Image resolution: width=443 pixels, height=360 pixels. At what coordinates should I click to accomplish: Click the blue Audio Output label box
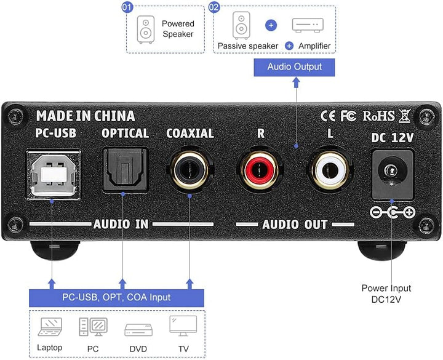295,66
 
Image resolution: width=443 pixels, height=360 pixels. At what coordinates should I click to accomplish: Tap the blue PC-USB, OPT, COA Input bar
116,297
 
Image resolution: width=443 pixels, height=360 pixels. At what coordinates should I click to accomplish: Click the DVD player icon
138,330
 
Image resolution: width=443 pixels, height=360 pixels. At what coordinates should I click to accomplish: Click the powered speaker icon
146,29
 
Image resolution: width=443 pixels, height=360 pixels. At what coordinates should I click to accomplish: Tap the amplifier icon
308,25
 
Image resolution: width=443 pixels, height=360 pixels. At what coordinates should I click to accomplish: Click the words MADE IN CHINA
85,115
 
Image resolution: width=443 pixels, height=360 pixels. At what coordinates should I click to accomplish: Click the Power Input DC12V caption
386,293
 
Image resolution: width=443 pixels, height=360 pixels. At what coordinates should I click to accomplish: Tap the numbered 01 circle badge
128,7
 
